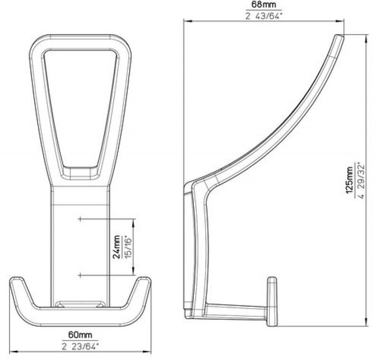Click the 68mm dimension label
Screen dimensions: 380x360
[264, 5]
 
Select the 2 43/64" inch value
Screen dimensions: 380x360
[264, 16]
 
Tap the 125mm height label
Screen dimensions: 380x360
[350, 180]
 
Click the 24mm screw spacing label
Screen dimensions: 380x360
[116, 247]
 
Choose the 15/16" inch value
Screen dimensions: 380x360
[128, 247]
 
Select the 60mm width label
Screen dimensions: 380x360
[80, 335]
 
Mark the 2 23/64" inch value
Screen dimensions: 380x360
[80, 346]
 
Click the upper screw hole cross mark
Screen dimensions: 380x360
[80, 219]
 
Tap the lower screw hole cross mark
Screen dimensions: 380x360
[80, 275]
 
